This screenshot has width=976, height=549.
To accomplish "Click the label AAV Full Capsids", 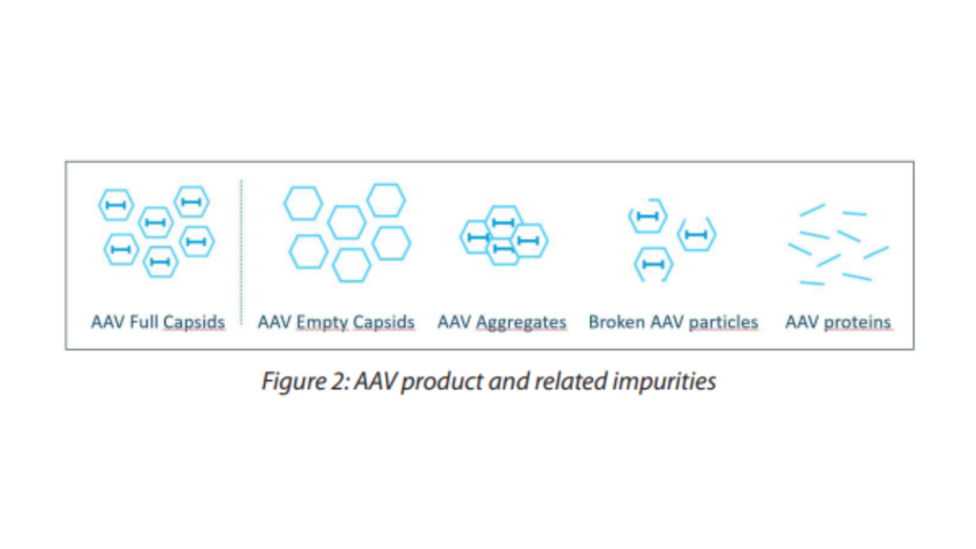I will pyautogui.click(x=158, y=322).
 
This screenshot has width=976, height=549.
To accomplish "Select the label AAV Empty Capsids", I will pyautogui.click(x=336, y=322).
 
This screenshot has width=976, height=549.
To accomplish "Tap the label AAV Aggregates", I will pyautogui.click(x=501, y=322).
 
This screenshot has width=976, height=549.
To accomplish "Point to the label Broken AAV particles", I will pyautogui.click(x=673, y=322).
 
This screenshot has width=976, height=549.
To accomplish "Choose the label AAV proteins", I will pyautogui.click(x=838, y=322).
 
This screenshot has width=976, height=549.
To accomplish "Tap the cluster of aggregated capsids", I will pyautogui.click(x=503, y=235).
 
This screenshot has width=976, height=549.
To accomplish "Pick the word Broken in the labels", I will pyautogui.click(x=617, y=322).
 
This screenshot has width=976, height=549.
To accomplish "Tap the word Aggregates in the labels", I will pyautogui.click(x=520, y=322).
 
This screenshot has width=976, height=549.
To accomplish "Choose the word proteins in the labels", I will pyautogui.click(x=857, y=322).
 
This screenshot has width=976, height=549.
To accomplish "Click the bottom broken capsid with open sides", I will pyautogui.click(x=653, y=264).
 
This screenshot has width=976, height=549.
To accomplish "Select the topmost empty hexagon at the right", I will pyautogui.click(x=386, y=200).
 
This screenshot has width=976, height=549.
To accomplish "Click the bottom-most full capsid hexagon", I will pyautogui.click(x=159, y=261).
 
